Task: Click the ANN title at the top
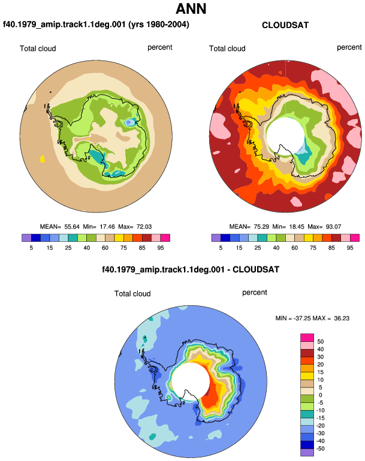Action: click(191, 8)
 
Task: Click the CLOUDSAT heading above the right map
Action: click(285, 25)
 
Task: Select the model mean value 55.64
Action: click(72, 227)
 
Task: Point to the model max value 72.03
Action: click(144, 227)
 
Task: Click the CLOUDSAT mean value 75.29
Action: click(261, 227)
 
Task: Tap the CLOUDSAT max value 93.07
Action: click(333, 227)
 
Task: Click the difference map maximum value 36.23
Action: click(342, 318)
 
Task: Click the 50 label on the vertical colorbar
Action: click(320, 342)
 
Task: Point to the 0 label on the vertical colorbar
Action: click(320, 395)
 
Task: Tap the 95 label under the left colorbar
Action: click(161, 248)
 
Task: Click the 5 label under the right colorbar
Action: click(221, 248)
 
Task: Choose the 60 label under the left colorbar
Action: click(105, 248)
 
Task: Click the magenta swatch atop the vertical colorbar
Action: click(307, 338)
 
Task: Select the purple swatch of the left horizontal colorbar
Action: click(26, 238)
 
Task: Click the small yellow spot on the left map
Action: click(43, 159)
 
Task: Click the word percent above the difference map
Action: click(255, 293)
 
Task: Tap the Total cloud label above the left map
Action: click(38, 48)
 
